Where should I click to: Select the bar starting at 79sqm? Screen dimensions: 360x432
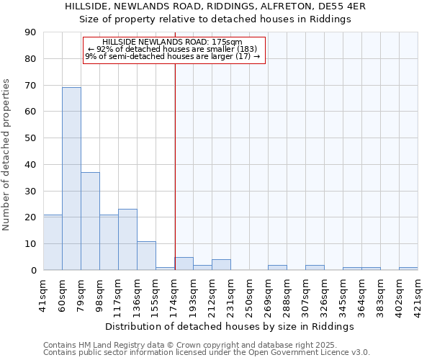(x=90, y=221)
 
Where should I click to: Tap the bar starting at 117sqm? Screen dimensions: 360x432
(x=127, y=240)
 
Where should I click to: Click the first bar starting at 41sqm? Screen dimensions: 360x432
(x=53, y=243)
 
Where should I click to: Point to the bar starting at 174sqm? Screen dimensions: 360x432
(x=184, y=264)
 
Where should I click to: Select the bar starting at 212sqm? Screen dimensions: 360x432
(x=221, y=265)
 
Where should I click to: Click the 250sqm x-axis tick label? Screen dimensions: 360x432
(x=250, y=294)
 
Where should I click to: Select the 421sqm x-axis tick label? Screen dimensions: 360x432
(x=418, y=294)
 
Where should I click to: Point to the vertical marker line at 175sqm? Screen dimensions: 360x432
(x=175, y=166)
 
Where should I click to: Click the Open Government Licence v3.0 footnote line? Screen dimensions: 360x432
(x=207, y=353)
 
